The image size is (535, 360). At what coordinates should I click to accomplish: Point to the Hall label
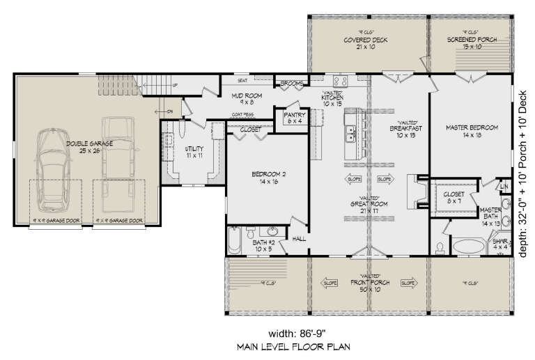point(300,238)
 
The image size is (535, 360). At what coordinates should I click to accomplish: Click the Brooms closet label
point(291,84)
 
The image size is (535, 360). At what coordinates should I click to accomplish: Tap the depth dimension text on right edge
point(524,174)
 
